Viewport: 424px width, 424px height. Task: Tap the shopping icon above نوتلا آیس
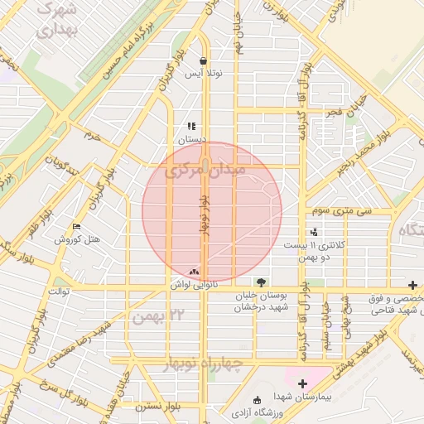pos(204,60)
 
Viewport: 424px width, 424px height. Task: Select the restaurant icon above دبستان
pos(191,127)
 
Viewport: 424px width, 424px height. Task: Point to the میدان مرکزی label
pos(205,171)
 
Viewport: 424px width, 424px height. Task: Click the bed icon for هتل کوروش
pos(77,226)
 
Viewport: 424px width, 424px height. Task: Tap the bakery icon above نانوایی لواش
pos(194,271)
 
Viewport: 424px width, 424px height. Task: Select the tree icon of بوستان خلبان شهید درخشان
pos(262,282)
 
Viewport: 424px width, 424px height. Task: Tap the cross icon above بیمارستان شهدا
pos(302,383)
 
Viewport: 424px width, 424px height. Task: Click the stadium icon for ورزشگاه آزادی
pos(256,401)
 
